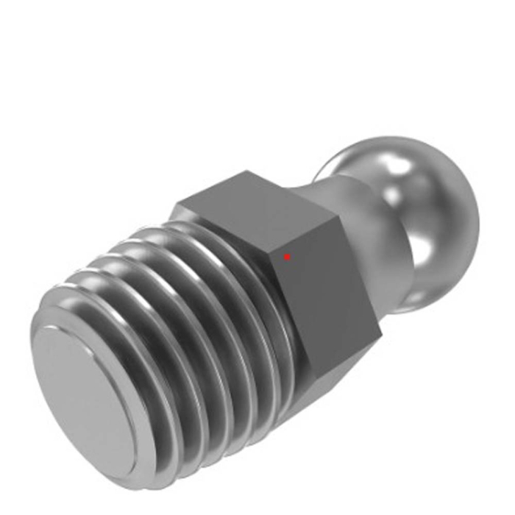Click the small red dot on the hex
tap(287, 257)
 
